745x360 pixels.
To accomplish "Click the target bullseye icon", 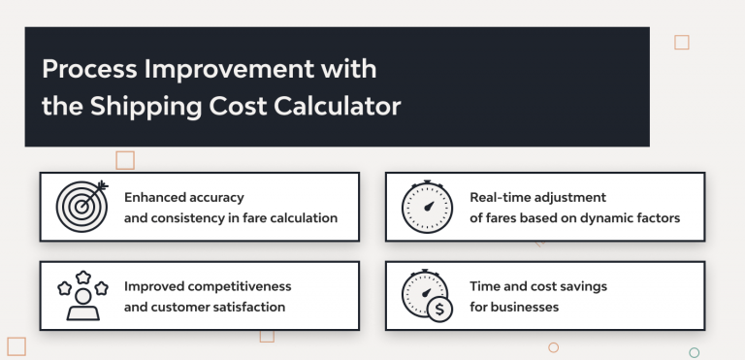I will point(81,206).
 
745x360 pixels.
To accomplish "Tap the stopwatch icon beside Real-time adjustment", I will point(426,206).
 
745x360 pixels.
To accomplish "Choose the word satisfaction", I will point(247,308).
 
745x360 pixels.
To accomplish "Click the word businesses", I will point(526,308).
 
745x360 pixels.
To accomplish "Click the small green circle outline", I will point(694,352).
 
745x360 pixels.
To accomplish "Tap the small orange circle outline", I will point(553,346).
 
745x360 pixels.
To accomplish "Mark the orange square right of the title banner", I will point(681,42).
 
